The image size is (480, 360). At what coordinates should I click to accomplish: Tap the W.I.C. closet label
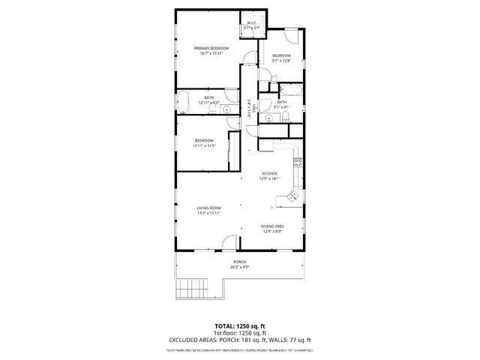pyautogui.click(x=252, y=23)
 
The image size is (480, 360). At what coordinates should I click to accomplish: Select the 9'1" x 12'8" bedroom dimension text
pyautogui.click(x=281, y=61)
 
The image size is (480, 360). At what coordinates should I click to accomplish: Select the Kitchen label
pyautogui.click(x=269, y=173)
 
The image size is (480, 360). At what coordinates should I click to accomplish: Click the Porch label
pyautogui.click(x=239, y=262)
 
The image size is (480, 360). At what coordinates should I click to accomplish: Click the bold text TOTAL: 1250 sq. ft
pyautogui.click(x=239, y=327)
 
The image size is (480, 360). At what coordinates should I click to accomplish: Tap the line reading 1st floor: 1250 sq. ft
pyautogui.click(x=239, y=333)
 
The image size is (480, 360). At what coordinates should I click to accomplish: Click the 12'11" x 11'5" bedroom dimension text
pyautogui.click(x=204, y=146)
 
